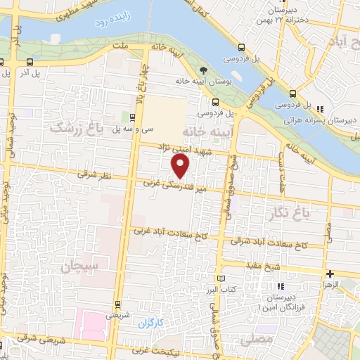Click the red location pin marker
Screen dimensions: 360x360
click(x=181, y=166)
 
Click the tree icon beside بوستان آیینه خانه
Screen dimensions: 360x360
click(x=203, y=70)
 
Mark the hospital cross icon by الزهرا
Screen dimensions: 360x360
click(x=328, y=273)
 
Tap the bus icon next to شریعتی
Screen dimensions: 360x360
click(x=117, y=304)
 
